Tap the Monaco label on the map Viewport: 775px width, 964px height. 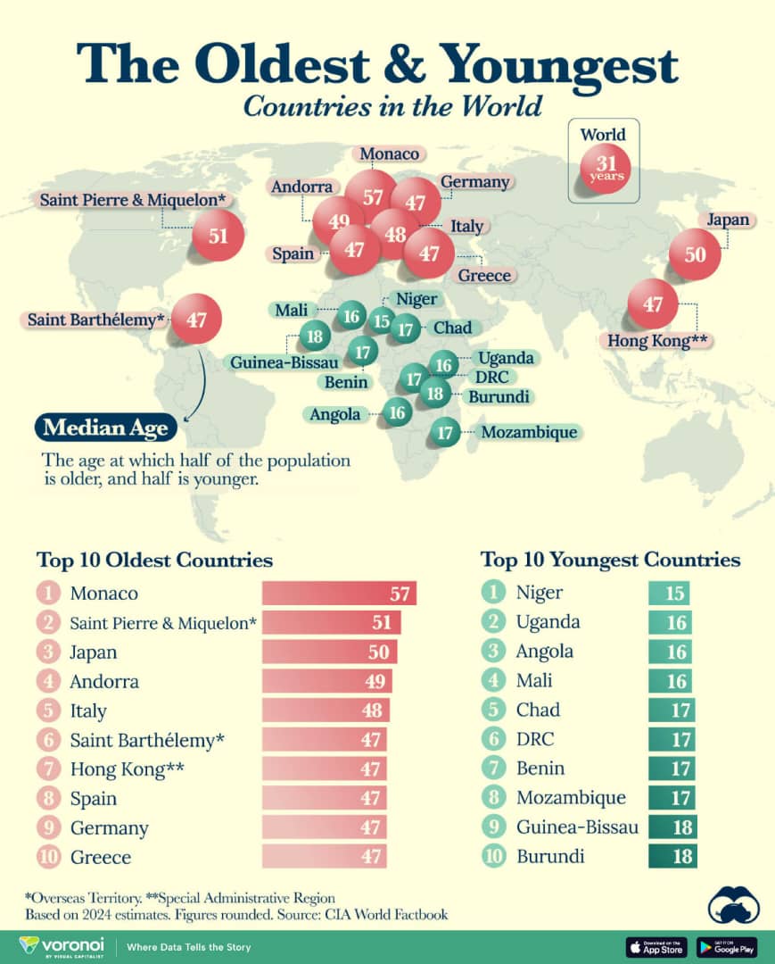coord(390,154)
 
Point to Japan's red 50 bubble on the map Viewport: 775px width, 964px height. coord(695,254)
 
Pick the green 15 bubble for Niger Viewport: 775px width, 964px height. coord(383,320)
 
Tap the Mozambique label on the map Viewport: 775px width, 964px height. coord(528,433)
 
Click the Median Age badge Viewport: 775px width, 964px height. coord(105,428)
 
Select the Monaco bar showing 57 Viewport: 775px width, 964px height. coord(339,594)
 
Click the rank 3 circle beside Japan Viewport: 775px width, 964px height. coord(47,652)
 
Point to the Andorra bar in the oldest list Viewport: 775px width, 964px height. coord(326,682)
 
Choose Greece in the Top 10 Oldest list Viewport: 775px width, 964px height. coord(100,857)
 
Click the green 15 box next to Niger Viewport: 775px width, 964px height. coord(669,594)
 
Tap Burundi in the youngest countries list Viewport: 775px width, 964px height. coord(550,857)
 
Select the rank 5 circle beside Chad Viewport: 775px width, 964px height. coord(491,711)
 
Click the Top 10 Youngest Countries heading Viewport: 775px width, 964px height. coord(610,560)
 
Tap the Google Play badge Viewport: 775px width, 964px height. coord(726,946)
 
